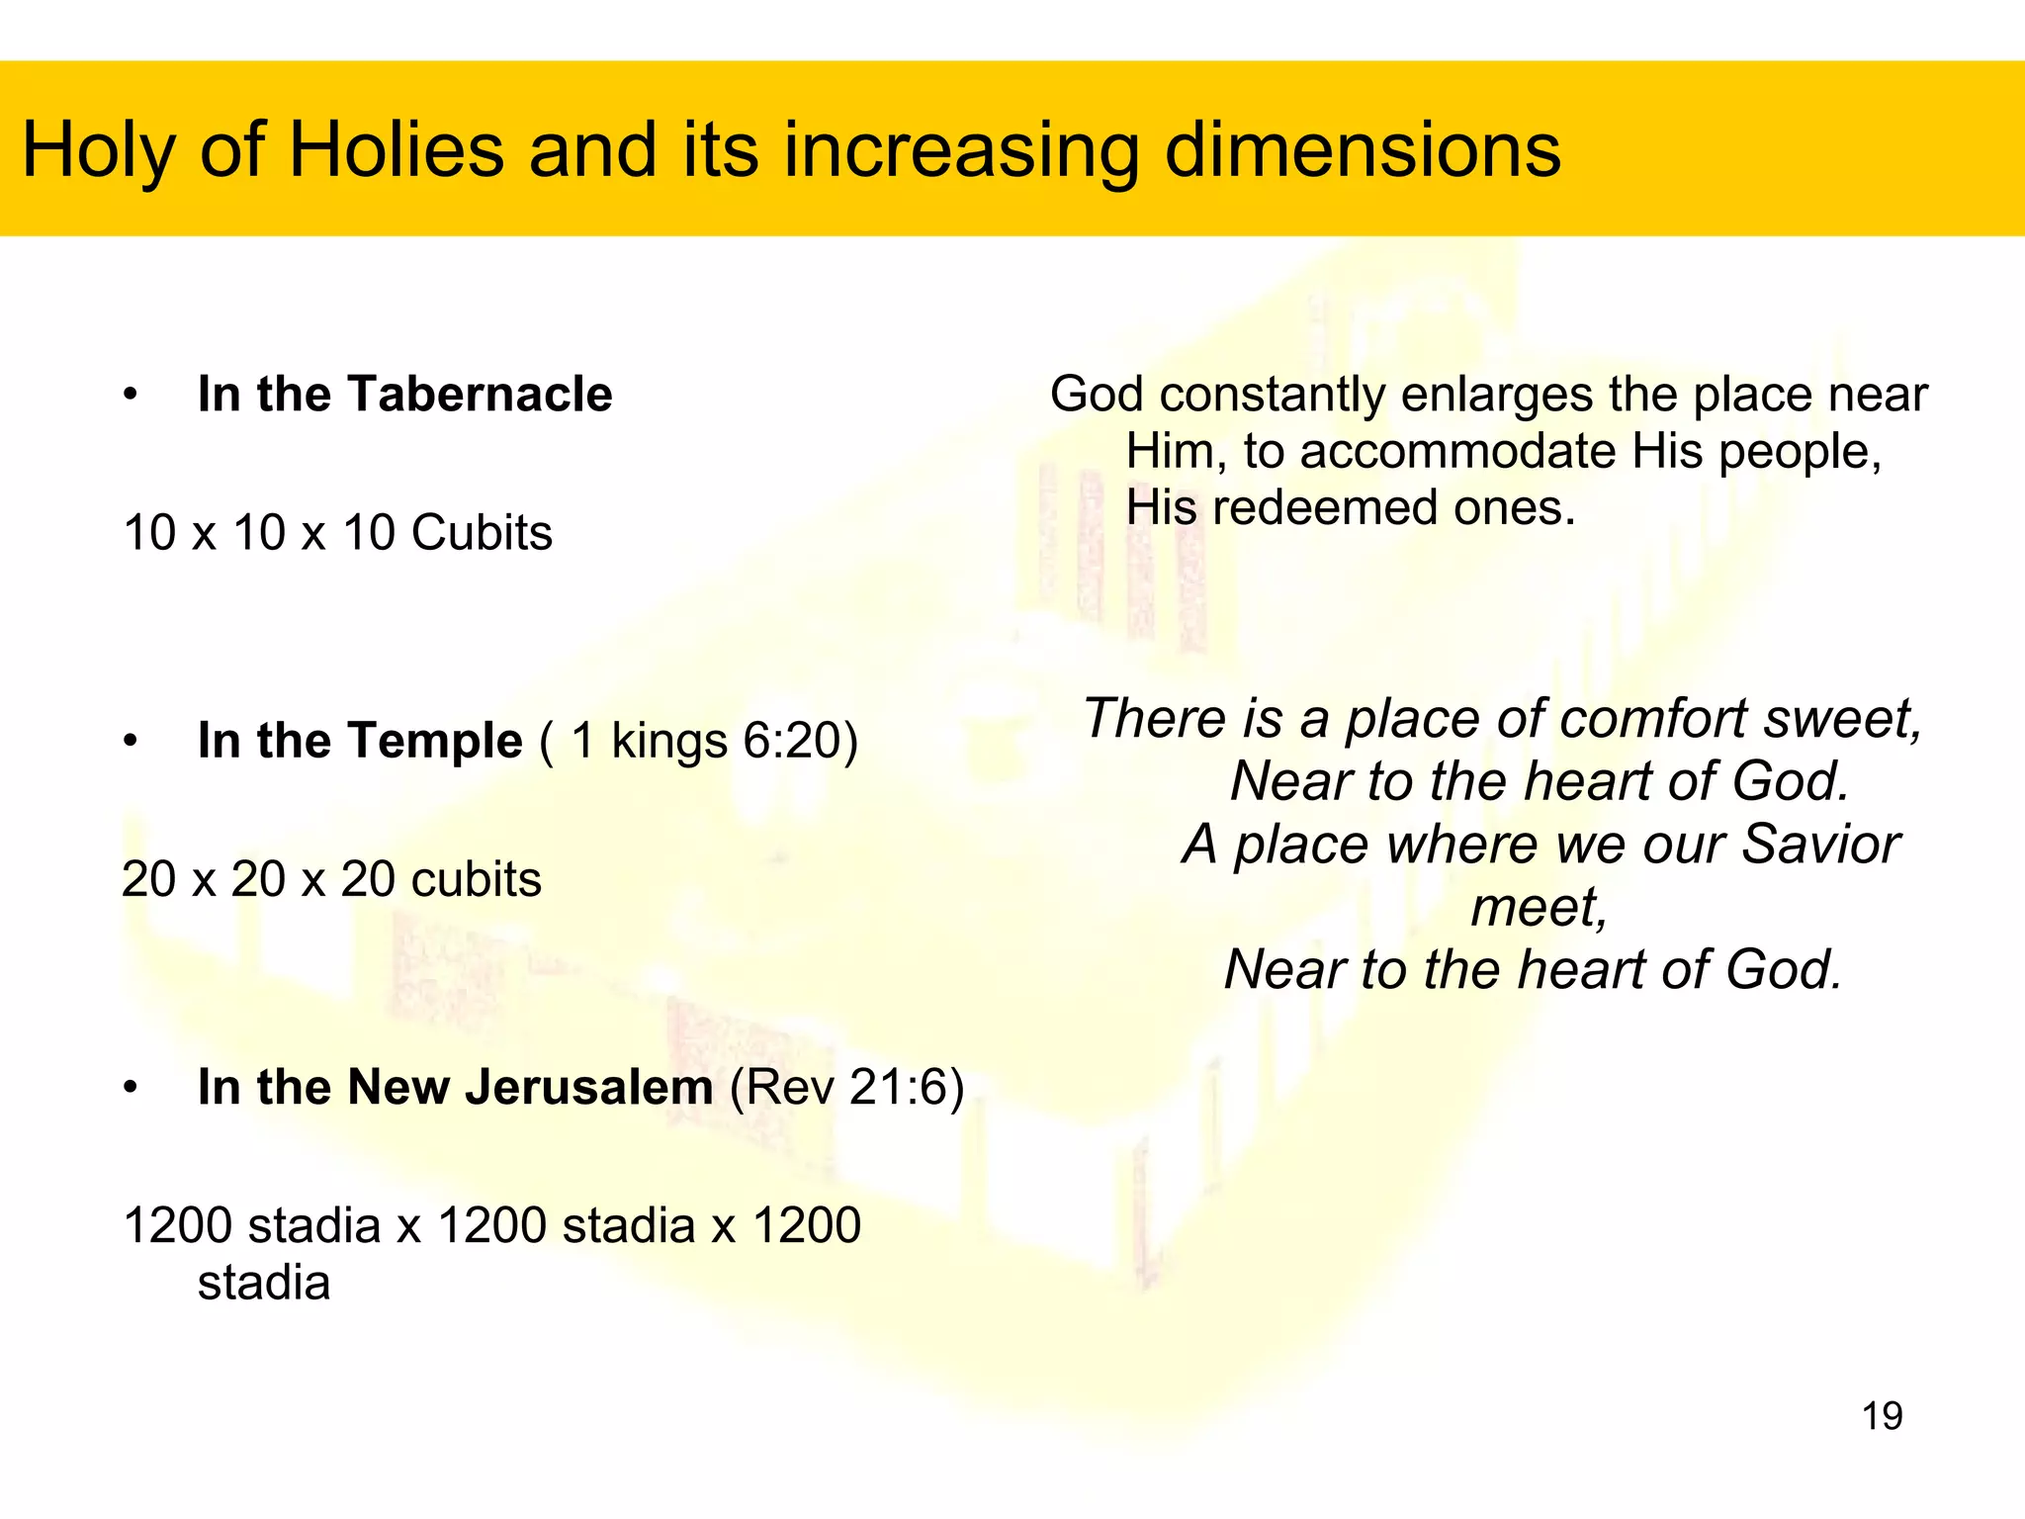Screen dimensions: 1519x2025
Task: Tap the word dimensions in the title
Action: [1363, 150]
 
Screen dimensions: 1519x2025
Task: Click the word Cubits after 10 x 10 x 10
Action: [482, 532]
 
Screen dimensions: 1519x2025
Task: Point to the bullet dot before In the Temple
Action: [131, 741]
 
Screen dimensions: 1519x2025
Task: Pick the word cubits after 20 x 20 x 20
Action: [476, 878]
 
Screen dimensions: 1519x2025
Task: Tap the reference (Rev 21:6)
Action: [847, 1087]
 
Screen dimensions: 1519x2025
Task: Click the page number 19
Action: [1882, 1416]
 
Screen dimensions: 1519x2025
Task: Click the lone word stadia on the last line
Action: [264, 1283]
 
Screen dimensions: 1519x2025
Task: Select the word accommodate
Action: [1457, 451]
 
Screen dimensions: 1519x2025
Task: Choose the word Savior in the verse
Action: [1819, 844]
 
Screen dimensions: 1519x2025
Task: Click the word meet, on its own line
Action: [1540, 907]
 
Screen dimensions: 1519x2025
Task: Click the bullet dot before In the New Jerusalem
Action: [131, 1088]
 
